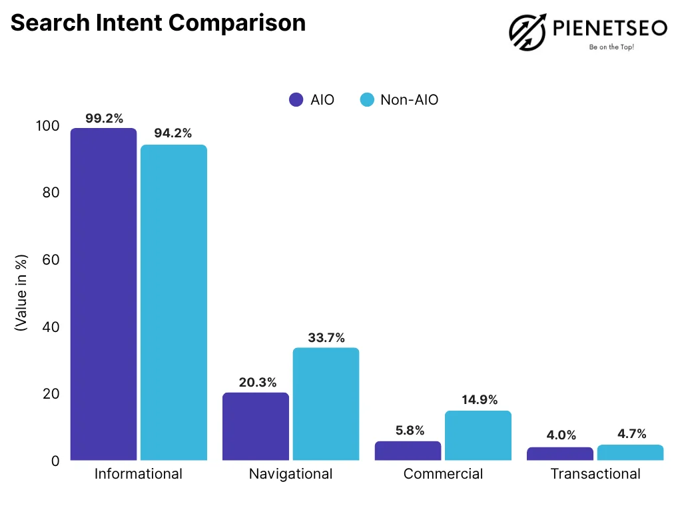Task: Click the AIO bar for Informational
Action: (103, 293)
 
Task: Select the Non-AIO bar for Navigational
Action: (326, 404)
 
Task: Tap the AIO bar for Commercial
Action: (408, 451)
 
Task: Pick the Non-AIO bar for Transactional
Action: (630, 453)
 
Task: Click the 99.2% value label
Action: (104, 119)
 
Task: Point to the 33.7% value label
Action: (326, 338)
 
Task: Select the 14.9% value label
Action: (479, 400)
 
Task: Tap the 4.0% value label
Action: (560, 435)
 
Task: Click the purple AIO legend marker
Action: (296, 100)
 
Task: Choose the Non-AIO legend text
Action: (409, 100)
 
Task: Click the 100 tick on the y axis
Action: (47, 125)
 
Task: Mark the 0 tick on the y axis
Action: (55, 461)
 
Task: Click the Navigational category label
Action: (290, 474)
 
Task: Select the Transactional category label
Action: (595, 474)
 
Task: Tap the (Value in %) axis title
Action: (21, 293)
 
